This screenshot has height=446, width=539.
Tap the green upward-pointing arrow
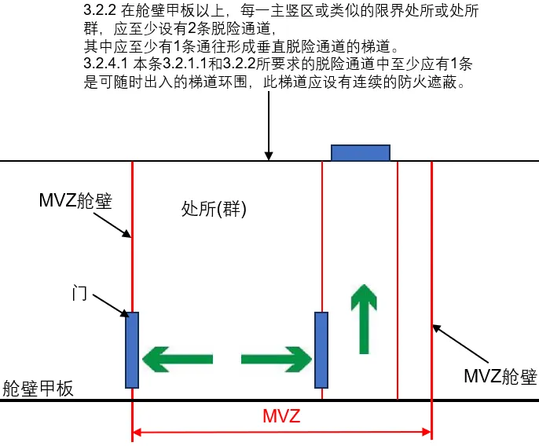[362, 319]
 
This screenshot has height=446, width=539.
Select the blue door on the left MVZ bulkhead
[132, 349]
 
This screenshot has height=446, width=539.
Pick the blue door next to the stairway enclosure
[321, 349]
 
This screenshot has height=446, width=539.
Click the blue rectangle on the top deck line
[361, 152]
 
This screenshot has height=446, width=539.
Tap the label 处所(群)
[214, 209]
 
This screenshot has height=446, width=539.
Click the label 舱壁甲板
[38, 388]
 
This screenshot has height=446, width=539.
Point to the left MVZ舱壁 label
[75, 200]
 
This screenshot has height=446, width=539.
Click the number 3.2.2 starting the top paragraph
[99, 13]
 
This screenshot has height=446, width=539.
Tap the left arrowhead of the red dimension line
[138, 431]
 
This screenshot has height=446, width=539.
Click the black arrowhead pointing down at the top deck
[269, 155]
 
